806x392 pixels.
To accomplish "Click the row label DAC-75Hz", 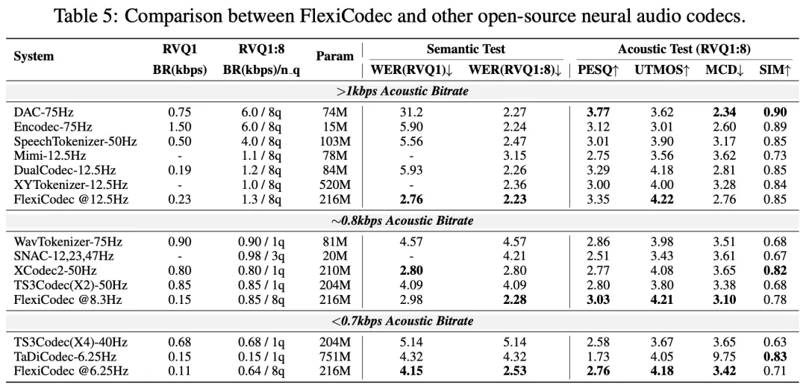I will (x=43, y=112).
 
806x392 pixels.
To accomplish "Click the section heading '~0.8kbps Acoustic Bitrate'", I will (x=403, y=221).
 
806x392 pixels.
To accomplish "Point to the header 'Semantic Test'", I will (x=466, y=49).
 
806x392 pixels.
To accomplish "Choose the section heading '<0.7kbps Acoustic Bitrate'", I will (x=403, y=321).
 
